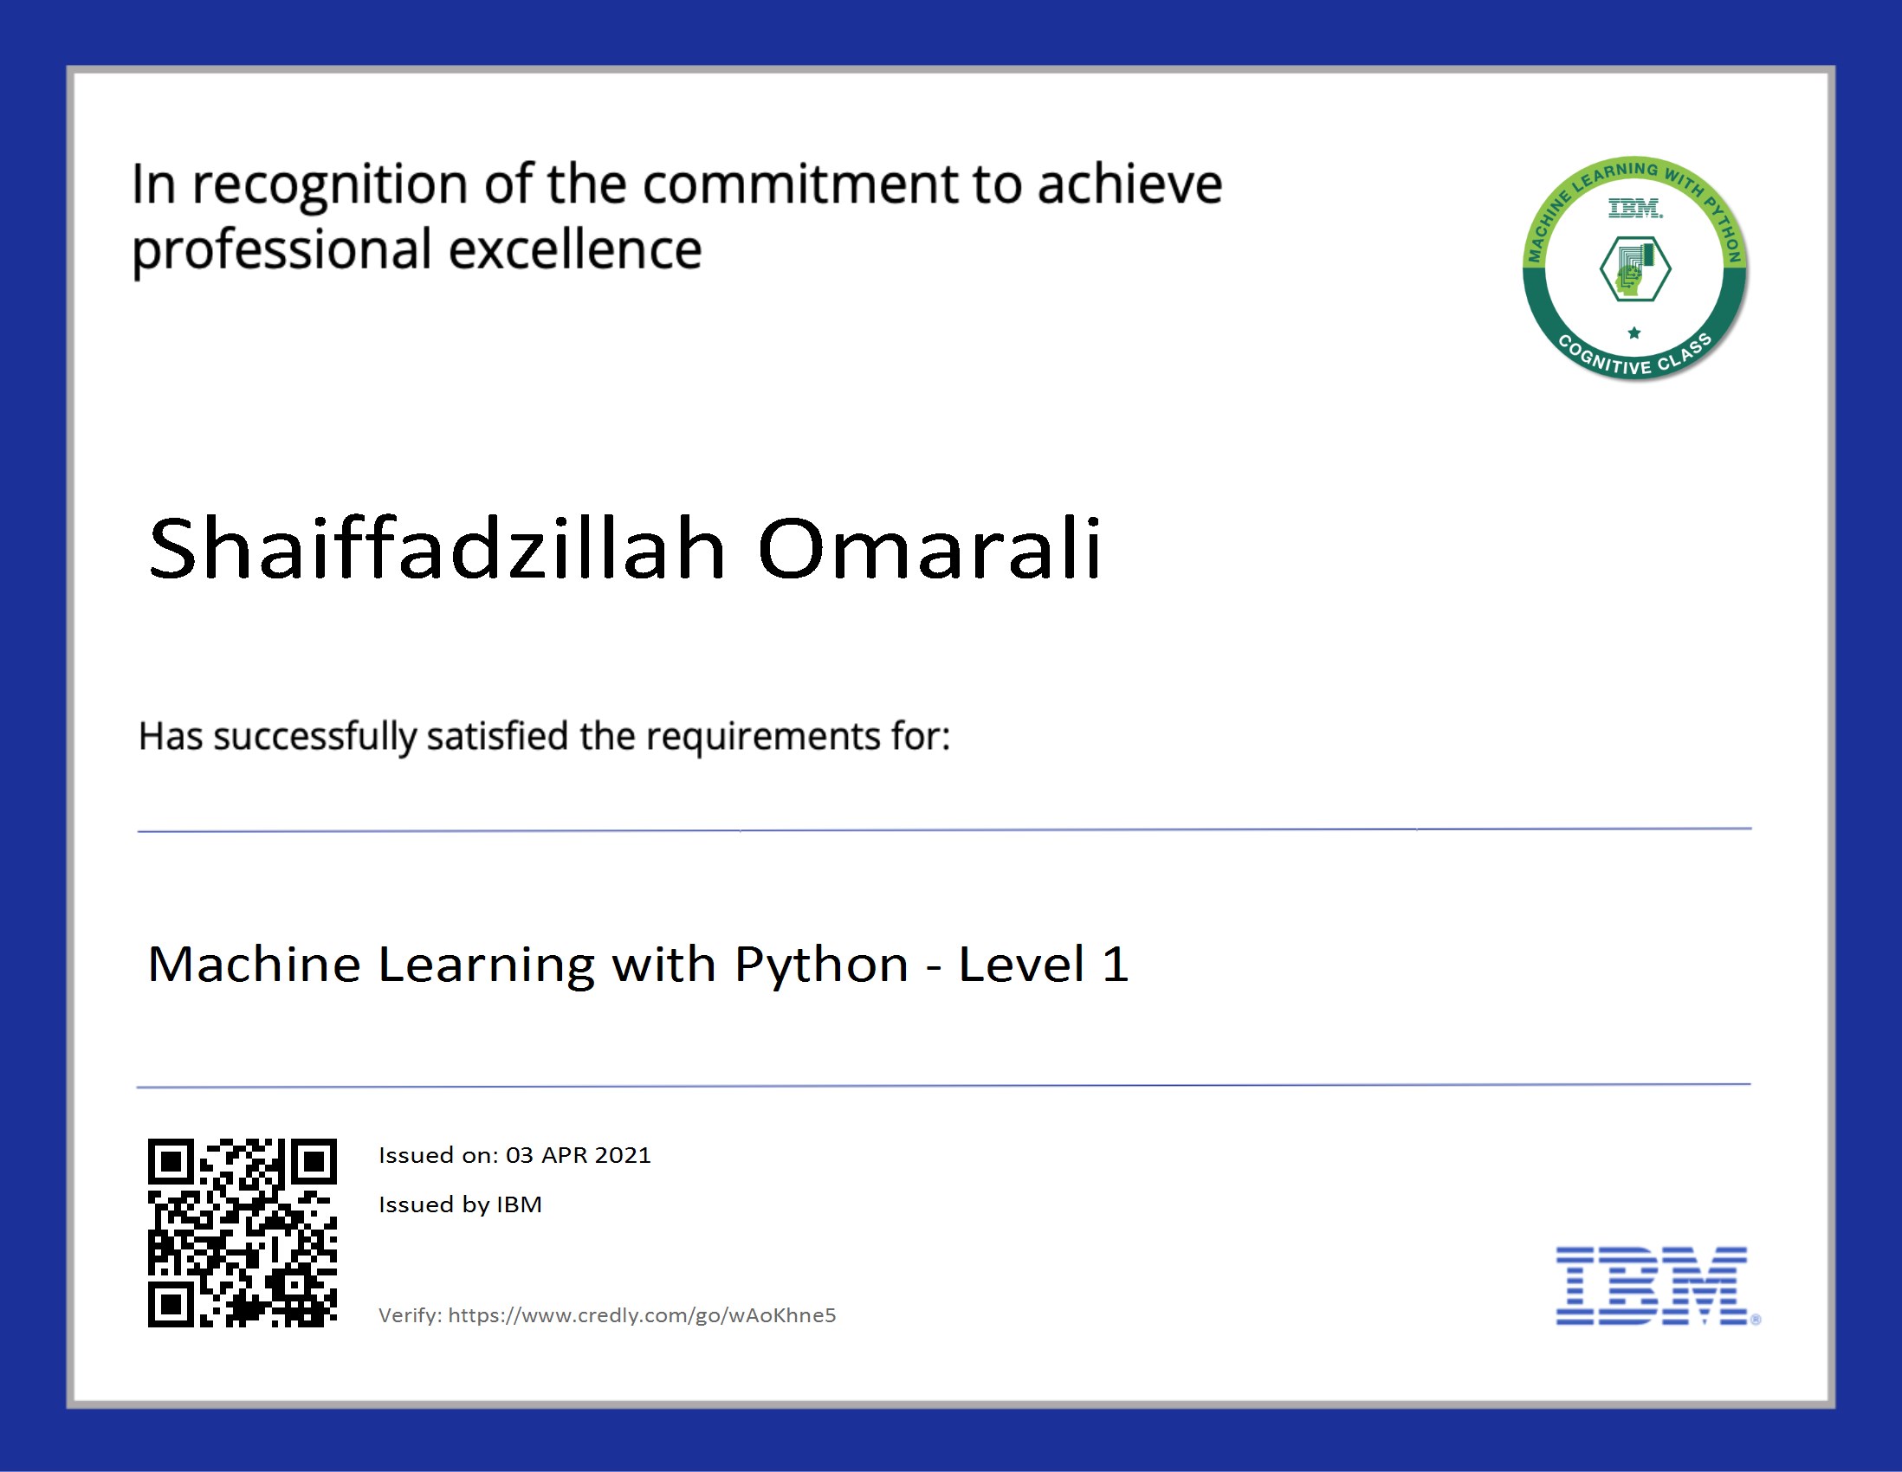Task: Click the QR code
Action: (243, 1233)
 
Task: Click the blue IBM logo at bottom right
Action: (1652, 1286)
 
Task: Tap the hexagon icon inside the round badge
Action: (1634, 270)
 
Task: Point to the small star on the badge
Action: (1634, 332)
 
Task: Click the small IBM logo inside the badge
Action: (1634, 208)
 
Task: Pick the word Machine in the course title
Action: (255, 965)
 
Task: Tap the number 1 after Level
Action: (1115, 965)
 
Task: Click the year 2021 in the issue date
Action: (623, 1155)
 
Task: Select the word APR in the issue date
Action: (565, 1155)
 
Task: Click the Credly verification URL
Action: (642, 1315)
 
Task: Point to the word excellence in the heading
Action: (575, 251)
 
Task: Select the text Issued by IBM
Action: (460, 1204)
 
